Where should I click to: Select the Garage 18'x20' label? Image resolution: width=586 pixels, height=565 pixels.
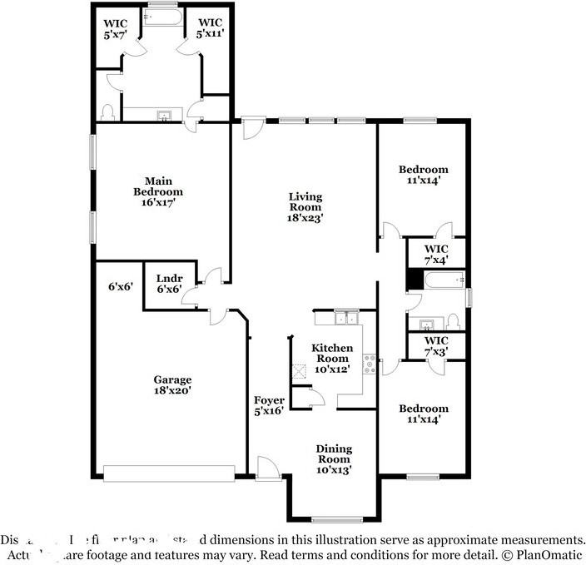point(172,384)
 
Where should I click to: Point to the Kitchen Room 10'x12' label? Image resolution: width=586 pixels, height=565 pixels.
point(331,358)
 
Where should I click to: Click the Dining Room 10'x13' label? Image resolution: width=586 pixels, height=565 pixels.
point(333,459)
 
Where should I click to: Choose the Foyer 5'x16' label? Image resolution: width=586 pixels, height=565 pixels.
point(269,405)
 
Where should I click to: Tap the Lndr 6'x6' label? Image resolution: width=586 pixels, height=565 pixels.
point(169,283)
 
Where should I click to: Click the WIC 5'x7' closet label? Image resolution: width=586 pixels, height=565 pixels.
point(116,29)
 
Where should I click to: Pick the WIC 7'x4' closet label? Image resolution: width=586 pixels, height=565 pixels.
point(436,254)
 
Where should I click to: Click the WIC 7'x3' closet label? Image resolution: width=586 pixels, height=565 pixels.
point(436,346)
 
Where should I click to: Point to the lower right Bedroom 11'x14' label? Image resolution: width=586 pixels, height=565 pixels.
point(423,414)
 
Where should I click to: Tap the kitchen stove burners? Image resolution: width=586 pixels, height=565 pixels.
point(369,364)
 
